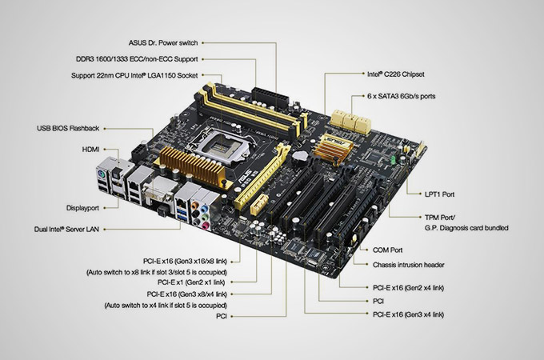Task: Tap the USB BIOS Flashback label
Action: (70, 128)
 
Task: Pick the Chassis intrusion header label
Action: (409, 265)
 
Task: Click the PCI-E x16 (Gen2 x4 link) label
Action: (409, 287)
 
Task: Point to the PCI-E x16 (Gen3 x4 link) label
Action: (409, 315)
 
